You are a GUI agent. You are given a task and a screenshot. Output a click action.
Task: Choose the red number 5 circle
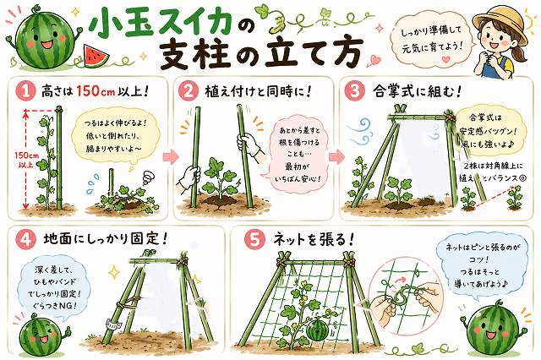pos(254,239)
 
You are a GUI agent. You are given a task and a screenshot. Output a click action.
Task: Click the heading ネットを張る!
pos(312,239)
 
